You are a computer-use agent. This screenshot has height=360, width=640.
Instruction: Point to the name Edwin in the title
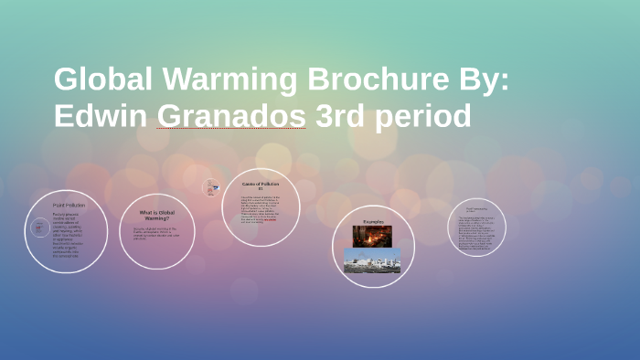tap(101, 116)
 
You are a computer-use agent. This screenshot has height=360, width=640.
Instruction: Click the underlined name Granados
tap(231, 116)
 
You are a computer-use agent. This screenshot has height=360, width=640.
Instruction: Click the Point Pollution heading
tap(69, 205)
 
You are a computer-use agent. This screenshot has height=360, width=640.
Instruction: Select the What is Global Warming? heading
tap(156, 216)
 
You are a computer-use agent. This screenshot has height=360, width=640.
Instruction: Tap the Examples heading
tap(372, 221)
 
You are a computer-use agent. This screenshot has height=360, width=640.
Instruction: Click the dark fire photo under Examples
tap(372, 236)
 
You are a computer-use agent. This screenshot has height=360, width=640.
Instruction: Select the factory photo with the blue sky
tap(372, 260)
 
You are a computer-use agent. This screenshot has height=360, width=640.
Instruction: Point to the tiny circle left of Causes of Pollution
tap(212, 186)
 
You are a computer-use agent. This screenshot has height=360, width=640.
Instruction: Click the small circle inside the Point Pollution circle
tap(39, 228)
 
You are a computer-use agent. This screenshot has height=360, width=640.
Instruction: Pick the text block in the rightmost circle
tap(476, 229)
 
